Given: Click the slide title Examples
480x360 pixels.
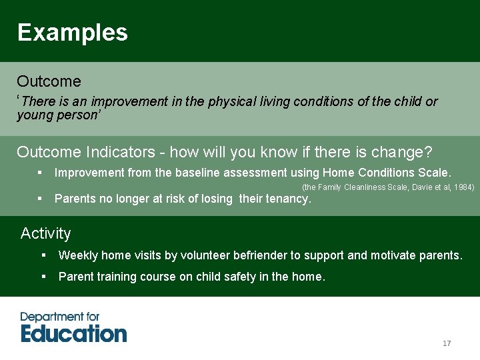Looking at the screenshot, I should tap(72, 32).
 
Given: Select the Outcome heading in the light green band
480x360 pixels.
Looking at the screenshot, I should tap(49, 81).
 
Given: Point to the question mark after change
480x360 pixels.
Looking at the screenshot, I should tap(428, 152).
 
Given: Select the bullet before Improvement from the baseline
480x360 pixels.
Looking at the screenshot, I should tap(41, 173).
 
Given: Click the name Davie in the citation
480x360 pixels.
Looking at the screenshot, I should tap(420, 187).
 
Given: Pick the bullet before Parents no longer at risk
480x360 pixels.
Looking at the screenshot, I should tap(41, 198).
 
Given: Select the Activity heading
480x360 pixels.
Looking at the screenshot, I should tap(45, 233).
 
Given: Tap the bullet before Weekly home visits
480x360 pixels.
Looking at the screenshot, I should tap(44, 255).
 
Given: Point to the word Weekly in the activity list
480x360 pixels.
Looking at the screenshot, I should tap(76, 255).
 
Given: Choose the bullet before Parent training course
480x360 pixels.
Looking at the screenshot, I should tap(44, 277).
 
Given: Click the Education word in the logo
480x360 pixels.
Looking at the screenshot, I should tap(73, 333).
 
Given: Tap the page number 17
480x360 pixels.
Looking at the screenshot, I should tap(447, 343).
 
